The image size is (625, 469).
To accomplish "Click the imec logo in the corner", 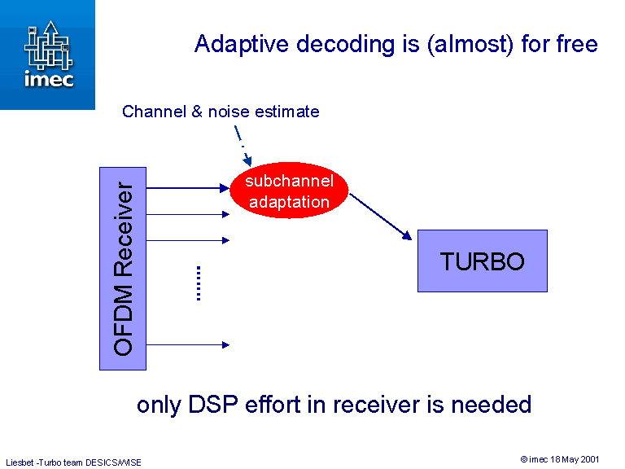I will [47, 54].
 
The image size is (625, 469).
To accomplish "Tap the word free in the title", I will [576, 44].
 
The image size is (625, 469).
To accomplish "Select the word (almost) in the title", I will [464, 44].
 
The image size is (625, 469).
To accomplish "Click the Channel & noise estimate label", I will [221, 112].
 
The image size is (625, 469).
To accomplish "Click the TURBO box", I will [482, 261].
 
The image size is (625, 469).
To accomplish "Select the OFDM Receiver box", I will [123, 269].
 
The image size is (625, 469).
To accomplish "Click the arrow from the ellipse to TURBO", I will [381, 217].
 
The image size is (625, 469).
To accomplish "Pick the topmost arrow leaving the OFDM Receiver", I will [188, 188].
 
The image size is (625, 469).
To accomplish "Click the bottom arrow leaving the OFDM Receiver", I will [188, 345].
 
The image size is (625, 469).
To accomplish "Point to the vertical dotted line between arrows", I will [199, 283].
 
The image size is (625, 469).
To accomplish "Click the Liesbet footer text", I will [73, 462].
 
